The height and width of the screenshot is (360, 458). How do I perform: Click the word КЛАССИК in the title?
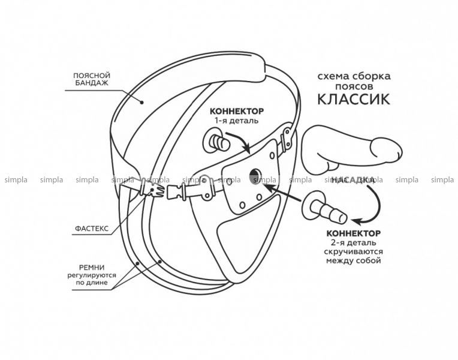point(353,98)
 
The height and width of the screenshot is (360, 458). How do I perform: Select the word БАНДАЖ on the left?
point(92,83)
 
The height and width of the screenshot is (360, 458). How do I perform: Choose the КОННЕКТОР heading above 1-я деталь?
point(236,112)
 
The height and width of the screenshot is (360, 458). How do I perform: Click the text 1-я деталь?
point(236,121)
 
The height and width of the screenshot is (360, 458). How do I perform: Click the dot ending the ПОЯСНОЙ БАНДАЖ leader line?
point(142,102)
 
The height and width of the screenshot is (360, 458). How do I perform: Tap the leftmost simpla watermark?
point(16,179)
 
